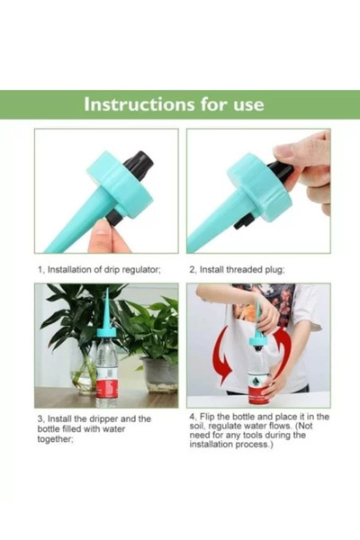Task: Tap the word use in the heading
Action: point(246,103)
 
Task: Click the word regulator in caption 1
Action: point(140,269)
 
